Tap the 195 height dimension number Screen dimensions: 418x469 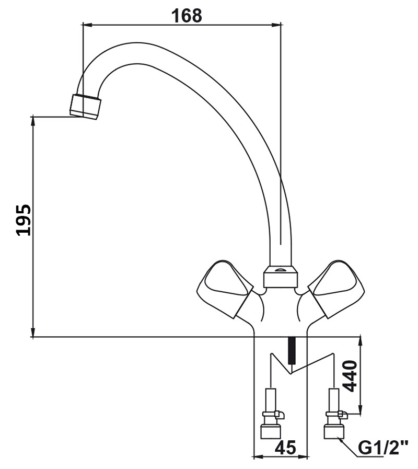click(x=24, y=220)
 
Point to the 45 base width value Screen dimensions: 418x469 click(x=285, y=448)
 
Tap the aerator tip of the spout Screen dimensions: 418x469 click(x=86, y=107)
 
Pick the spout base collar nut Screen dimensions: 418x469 click(x=281, y=277)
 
